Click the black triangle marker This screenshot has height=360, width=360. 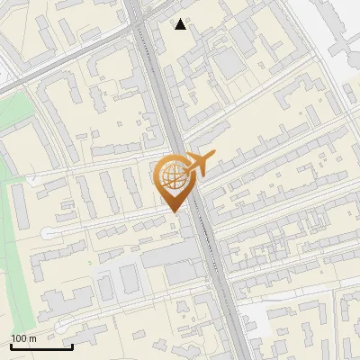click(182, 24)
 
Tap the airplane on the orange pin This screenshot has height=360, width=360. click(200, 164)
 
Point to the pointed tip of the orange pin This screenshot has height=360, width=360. click(172, 211)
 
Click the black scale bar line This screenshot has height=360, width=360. click(41, 346)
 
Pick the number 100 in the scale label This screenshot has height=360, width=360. click(19, 338)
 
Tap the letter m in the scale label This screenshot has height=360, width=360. click(32, 338)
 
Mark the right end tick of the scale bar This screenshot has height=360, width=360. click(72, 345)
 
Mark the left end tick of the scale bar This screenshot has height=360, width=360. click(11, 345)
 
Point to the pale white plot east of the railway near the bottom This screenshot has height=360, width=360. click(261, 315)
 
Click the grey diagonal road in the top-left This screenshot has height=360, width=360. click(54, 72)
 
